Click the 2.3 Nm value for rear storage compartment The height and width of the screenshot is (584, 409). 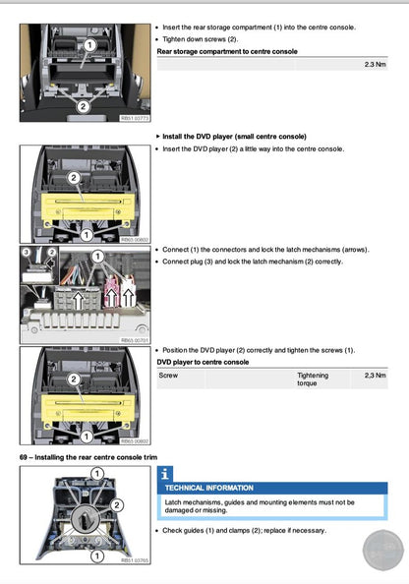375,64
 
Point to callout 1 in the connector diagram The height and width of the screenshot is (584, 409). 96,257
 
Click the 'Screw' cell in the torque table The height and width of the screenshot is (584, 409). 168,376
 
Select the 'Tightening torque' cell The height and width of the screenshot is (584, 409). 313,380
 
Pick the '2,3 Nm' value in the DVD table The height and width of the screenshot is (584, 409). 375,376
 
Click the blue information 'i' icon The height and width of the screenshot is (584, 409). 165,473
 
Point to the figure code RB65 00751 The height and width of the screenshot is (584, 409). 133,340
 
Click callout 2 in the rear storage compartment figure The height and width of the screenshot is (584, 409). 82,104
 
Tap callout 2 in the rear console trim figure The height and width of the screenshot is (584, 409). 117,504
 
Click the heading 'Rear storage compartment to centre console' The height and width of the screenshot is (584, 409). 227,50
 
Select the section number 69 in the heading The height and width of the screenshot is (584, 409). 25,458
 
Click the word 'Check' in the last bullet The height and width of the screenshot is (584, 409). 174,531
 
